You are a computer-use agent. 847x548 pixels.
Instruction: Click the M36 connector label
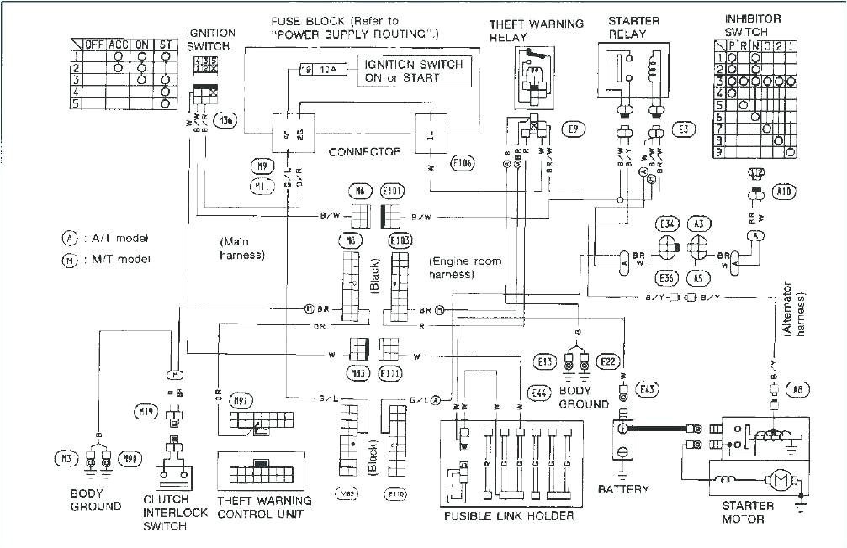pyautogui.click(x=225, y=120)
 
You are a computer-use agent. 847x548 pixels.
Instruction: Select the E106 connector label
pyautogui.click(x=461, y=163)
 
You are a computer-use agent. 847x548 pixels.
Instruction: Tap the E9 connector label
pyautogui.click(x=574, y=129)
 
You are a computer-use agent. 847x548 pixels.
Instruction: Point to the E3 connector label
pyautogui.click(x=684, y=129)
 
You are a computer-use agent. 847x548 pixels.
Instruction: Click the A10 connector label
pyautogui.click(x=784, y=192)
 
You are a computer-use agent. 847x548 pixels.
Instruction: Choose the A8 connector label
pyautogui.click(x=797, y=388)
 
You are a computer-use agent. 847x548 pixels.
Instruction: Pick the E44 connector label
pyautogui.click(x=537, y=393)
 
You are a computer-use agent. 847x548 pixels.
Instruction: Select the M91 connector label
pyautogui.click(x=241, y=402)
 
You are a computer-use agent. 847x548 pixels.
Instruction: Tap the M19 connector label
pyautogui.click(x=146, y=411)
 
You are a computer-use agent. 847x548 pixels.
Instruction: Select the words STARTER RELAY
pyautogui.click(x=635, y=26)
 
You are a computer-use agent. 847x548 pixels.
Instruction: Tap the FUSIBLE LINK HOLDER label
pyautogui.click(x=509, y=515)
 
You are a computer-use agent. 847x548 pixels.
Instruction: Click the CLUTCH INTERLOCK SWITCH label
pyautogui.click(x=176, y=513)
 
